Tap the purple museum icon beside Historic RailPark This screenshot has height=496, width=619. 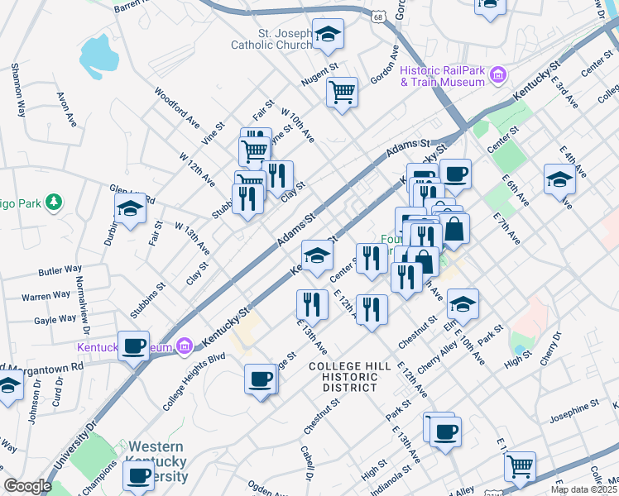tap(498, 76)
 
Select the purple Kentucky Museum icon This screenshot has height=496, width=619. tap(185, 345)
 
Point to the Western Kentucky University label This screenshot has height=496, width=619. tap(156, 462)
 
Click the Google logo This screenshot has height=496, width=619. tap(27, 486)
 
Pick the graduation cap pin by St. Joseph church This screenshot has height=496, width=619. tap(328, 35)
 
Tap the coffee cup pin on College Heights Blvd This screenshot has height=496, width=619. tap(261, 379)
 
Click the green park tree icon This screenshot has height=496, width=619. tap(53, 202)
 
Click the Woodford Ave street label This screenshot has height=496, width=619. tap(177, 109)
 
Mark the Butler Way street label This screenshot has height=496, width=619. tap(60, 270)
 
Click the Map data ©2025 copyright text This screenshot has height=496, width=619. tap(583, 489)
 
